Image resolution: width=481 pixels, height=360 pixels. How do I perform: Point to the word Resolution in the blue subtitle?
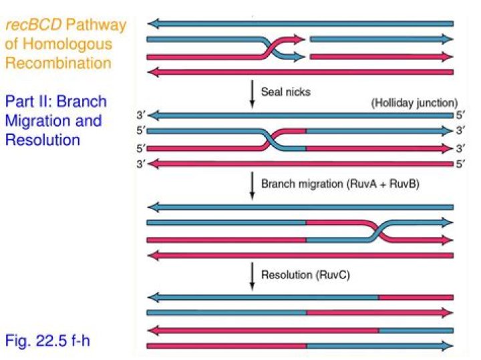(x=43, y=140)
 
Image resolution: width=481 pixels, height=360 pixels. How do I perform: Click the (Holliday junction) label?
(x=414, y=104)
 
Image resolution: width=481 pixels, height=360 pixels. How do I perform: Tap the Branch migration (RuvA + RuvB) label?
(x=340, y=184)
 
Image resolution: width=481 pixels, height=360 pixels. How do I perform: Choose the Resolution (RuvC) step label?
(x=305, y=274)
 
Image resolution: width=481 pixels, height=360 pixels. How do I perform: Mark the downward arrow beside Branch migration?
(x=252, y=185)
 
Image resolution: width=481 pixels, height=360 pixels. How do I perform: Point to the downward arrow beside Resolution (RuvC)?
(x=252, y=275)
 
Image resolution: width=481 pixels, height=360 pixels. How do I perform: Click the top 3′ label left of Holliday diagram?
(x=140, y=116)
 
